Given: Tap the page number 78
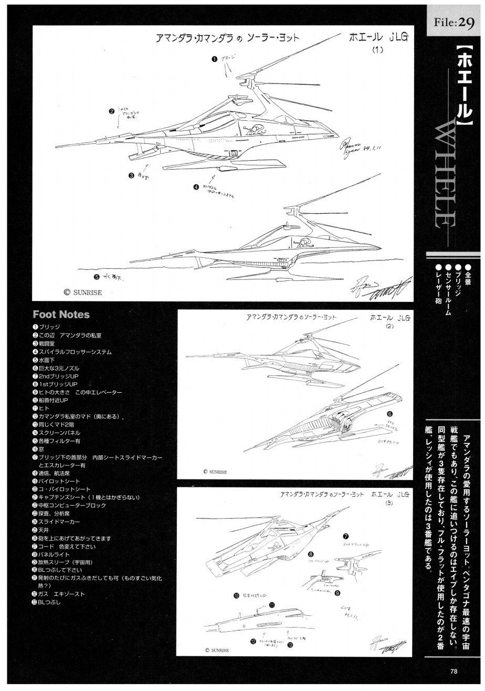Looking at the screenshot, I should [454, 670].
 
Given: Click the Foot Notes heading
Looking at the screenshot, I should [61, 315].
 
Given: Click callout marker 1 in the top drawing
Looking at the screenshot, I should [215, 59].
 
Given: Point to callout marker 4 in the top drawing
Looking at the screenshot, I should [195, 186].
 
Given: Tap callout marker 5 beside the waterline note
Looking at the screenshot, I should [97, 277].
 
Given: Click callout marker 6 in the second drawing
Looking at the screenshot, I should [389, 414].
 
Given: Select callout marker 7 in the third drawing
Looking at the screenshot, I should [345, 537].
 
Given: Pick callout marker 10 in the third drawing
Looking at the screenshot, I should [236, 595].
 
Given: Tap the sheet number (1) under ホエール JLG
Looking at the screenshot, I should [378, 50].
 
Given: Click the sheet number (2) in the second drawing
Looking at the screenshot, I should [389, 326].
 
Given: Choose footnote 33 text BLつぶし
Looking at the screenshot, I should [50, 602].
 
